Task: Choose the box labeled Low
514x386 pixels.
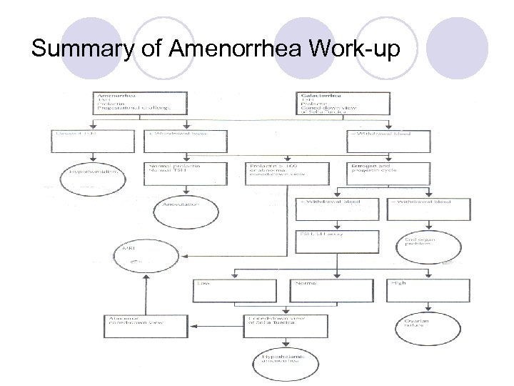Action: [234, 291]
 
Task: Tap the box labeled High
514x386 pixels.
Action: [428, 291]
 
